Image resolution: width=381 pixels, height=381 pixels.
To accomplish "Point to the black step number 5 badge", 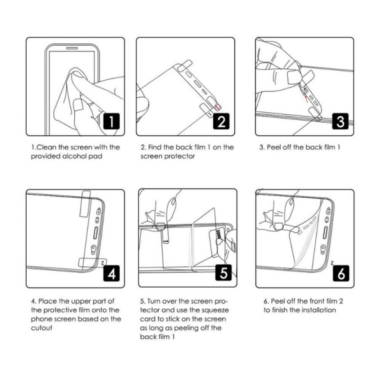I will click(x=223, y=273).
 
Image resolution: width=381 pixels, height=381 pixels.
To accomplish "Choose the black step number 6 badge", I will click(x=341, y=273).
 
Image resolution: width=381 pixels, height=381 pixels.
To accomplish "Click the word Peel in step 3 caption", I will click(x=273, y=147).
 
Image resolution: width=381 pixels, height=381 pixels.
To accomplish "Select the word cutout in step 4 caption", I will click(x=42, y=328).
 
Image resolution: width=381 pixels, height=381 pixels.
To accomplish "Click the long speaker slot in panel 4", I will click(x=96, y=232).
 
